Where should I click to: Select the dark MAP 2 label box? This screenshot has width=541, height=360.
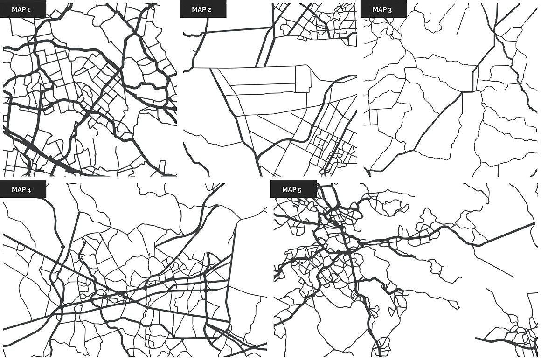(203, 9)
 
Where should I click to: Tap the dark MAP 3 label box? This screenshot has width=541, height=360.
(383, 9)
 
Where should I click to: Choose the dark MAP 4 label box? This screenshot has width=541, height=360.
(23, 189)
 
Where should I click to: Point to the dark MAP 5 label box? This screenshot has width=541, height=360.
(293, 189)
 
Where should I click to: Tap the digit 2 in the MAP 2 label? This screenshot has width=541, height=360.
(210, 9)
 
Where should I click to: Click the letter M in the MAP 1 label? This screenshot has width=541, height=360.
(14, 9)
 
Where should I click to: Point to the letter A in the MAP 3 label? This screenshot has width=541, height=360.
(381, 9)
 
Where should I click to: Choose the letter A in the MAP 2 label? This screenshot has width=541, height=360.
(201, 9)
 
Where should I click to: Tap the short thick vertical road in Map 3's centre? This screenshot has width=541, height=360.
(474, 79)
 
